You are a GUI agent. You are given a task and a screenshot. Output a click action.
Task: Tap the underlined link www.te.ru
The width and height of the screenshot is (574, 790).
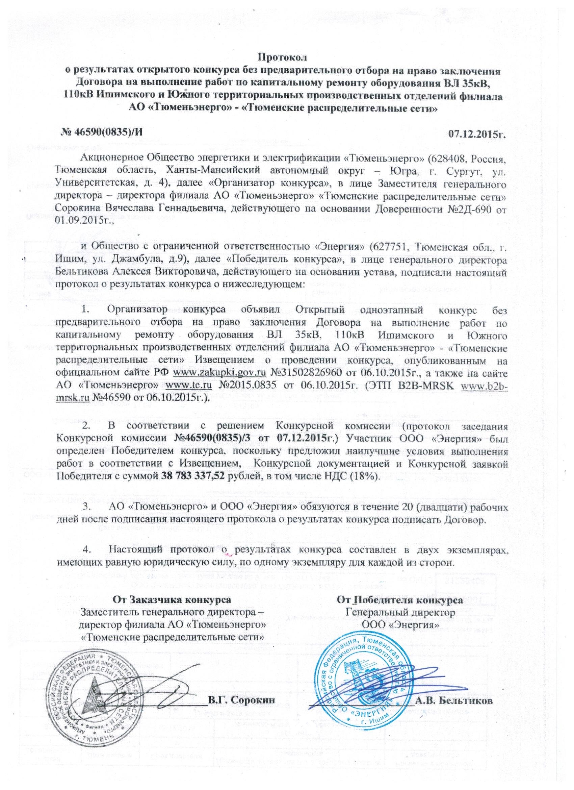tap(188, 386)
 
